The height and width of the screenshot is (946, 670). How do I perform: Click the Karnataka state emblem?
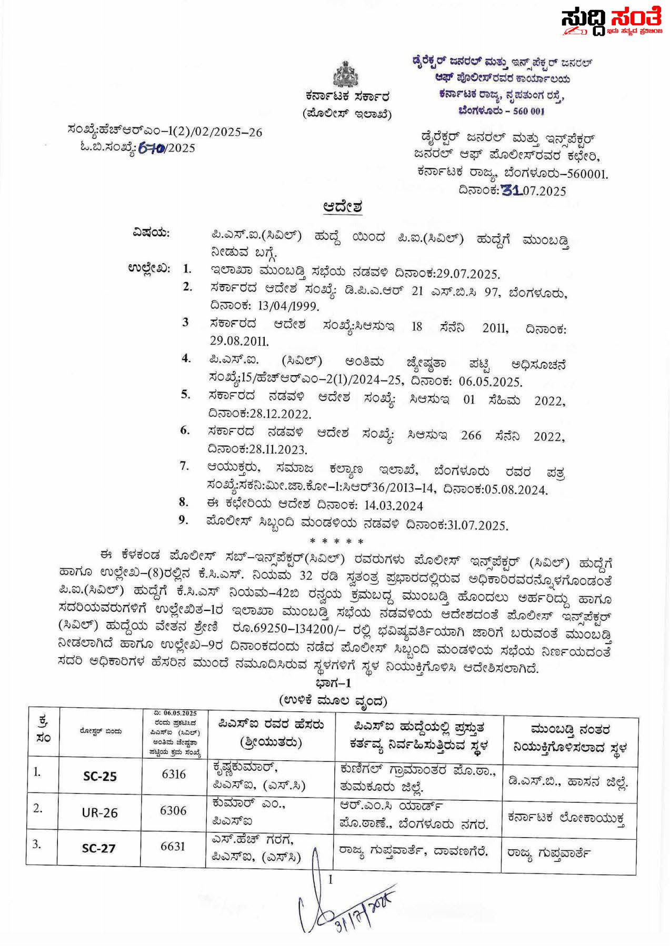point(346,74)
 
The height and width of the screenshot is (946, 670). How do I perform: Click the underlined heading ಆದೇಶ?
point(343,207)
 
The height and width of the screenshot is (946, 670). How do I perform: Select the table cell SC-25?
point(99,776)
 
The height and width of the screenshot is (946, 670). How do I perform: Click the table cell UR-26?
point(99,813)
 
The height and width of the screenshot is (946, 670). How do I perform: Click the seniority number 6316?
point(173,774)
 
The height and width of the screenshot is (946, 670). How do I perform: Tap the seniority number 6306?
point(173,810)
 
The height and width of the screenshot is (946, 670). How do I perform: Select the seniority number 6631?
point(173,846)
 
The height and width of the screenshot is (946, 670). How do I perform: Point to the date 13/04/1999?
point(288,306)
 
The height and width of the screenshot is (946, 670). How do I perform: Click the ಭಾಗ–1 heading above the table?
point(333,683)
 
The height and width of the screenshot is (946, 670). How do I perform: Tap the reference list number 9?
point(183,520)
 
